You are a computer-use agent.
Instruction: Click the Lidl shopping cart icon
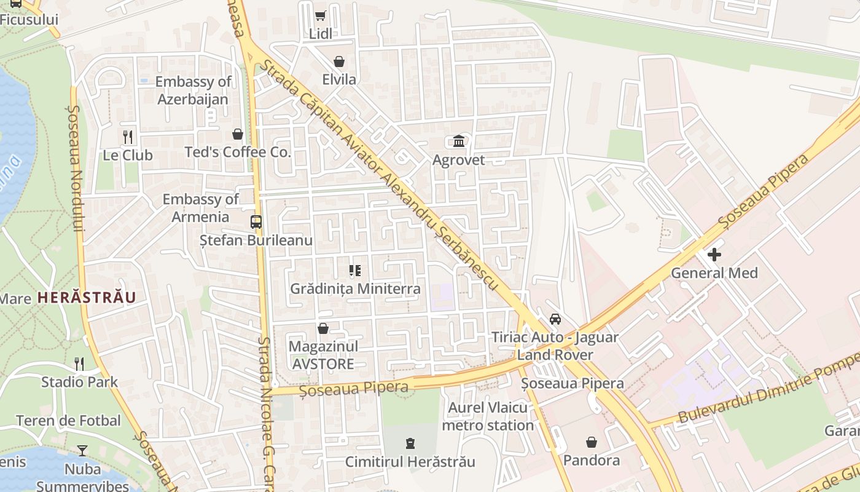click(320, 15)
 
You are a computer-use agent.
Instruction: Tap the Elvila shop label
click(339, 79)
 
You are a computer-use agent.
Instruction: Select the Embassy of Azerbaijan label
click(193, 90)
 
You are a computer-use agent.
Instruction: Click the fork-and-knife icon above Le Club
click(128, 137)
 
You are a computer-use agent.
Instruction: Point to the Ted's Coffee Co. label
click(238, 152)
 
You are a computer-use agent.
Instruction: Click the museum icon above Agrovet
click(459, 141)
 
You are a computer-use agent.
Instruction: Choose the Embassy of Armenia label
click(200, 208)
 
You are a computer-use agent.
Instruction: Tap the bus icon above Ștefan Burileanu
click(256, 222)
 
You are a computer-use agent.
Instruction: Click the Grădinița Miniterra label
click(355, 288)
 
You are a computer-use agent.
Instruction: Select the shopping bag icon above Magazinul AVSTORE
click(322, 328)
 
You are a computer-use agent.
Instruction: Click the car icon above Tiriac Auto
click(555, 319)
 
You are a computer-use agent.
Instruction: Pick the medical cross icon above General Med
click(714, 254)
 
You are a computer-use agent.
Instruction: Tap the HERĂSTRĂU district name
click(86, 298)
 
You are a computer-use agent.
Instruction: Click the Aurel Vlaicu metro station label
click(488, 416)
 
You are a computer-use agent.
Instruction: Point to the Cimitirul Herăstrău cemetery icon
click(410, 443)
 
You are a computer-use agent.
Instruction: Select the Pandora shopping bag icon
click(591, 442)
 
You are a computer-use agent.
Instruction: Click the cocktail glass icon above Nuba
click(82, 451)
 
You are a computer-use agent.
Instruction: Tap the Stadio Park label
click(79, 382)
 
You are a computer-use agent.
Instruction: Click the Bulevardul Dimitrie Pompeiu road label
click(768, 392)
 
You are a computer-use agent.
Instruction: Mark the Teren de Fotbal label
click(68, 421)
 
